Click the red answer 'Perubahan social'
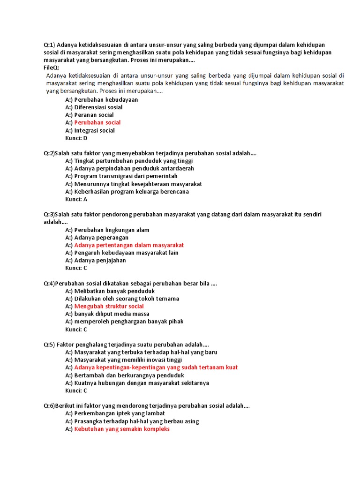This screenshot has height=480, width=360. tap(97, 123)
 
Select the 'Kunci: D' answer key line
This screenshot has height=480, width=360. tap(76, 138)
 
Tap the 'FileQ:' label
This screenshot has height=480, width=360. tap(52, 68)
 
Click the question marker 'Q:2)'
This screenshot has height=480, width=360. tap(50, 153)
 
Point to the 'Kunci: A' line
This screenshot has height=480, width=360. tap(76, 199)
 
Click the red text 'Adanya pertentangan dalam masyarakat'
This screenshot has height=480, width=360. tap(129, 245)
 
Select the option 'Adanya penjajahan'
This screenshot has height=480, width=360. tap(100, 260)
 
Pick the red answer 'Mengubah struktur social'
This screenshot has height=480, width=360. tap(109, 306)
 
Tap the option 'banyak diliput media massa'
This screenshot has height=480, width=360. tap(112, 314)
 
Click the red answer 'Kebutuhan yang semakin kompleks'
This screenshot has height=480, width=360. tap(122, 429)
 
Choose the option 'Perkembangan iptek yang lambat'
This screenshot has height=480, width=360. tap(120, 413)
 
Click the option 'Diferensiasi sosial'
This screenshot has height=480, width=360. tap(98, 107)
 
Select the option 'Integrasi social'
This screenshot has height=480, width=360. tap(94, 130)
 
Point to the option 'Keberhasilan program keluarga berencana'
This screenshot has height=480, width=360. tap(132, 191)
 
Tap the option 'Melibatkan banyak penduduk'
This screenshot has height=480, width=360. tap(114, 291)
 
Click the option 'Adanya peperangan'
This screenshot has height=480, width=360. tap(101, 238)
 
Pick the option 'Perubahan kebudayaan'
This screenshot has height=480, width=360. tap(106, 100)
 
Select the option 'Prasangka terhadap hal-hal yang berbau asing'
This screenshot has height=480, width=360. tap(136, 421)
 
